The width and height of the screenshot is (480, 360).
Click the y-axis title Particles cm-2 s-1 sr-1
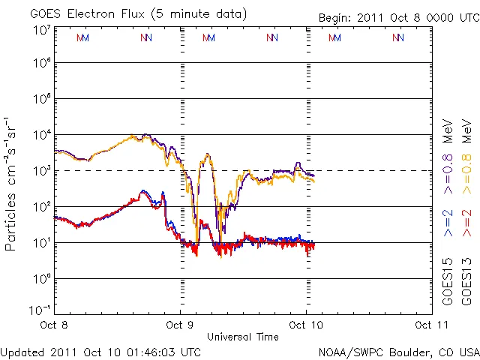pos(11,183)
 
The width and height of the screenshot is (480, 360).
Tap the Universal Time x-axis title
pos(243,337)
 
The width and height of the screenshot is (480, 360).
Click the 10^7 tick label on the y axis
pos(41,30)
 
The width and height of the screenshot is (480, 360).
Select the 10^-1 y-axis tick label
pos(40,310)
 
